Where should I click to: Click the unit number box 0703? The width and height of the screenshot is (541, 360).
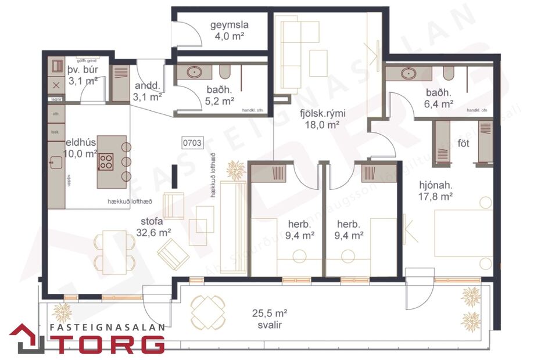coord(192,142)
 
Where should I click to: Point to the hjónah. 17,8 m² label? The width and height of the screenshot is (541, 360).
coord(436,191)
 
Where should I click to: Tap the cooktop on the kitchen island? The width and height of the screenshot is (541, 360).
coord(106,161)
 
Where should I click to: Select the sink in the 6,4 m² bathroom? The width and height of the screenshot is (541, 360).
coord(410,74)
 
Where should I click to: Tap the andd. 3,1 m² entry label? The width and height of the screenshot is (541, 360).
coord(147,92)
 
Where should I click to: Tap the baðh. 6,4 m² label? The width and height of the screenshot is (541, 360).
coord(439,99)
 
